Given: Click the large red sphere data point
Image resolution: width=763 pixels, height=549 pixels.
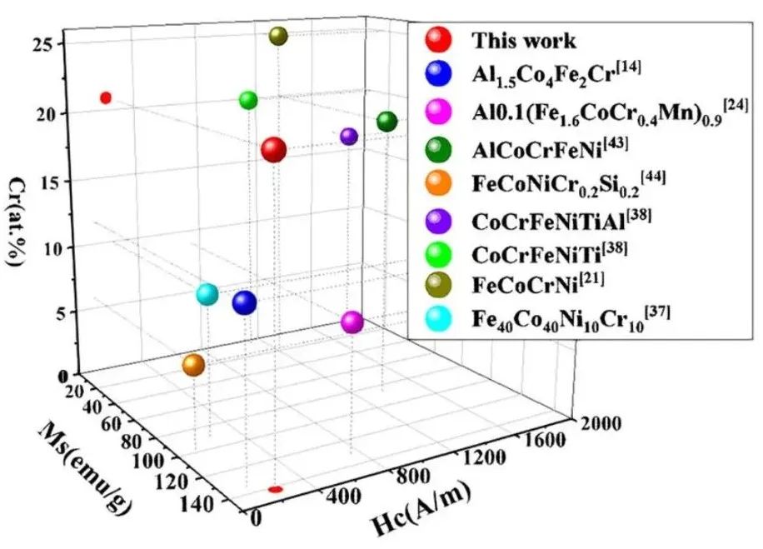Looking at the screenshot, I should click(273, 150).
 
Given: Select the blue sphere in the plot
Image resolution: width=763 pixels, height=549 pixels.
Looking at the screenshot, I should click(244, 303).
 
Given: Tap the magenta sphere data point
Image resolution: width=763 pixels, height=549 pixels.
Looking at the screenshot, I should click(352, 322).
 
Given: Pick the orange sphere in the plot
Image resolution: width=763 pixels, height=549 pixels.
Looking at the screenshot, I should click(193, 365).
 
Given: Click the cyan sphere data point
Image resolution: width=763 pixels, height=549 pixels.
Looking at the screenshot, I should click(207, 294).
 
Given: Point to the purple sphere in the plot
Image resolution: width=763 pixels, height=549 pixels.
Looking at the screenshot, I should click(349, 136).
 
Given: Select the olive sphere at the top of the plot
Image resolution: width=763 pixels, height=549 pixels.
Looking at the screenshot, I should click(278, 36).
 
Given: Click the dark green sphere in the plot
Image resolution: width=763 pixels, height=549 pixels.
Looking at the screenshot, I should click(386, 122).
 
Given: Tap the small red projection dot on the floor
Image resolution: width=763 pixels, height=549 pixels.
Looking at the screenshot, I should click(275, 489).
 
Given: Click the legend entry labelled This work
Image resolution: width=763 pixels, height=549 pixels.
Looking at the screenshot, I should click(524, 40).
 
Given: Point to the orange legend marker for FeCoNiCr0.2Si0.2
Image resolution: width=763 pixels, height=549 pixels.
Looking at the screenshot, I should click(439, 182).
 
